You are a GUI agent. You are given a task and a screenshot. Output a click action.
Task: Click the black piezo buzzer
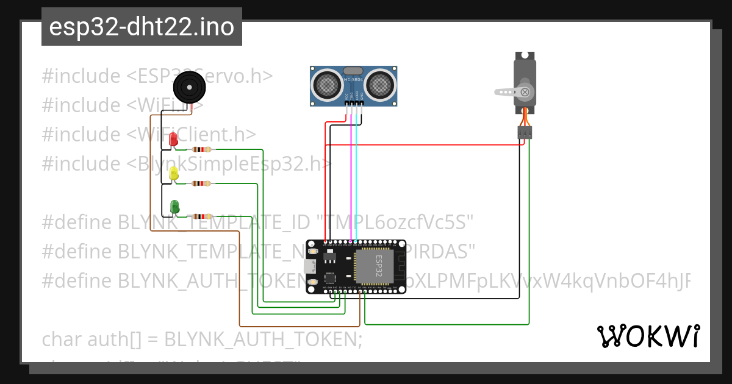click(189, 87)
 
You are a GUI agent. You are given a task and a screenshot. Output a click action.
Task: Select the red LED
click(173, 140)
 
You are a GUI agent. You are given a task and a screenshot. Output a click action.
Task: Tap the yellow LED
click(174, 174)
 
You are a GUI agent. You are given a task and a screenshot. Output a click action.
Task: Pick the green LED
click(174, 207)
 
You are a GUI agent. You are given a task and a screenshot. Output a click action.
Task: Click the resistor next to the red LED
click(201, 149)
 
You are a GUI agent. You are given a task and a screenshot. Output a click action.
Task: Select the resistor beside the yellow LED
click(201, 183)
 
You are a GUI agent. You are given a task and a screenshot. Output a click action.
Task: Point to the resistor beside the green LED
click(201, 216)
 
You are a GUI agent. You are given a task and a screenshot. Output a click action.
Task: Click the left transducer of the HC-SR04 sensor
click(327, 83)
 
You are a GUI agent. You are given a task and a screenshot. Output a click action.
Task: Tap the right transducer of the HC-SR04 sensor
click(382, 83)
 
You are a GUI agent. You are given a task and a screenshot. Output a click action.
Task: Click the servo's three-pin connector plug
click(525, 132)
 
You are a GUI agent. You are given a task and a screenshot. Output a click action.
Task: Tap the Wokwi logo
click(647, 336)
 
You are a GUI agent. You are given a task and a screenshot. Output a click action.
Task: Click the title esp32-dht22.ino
click(142, 27)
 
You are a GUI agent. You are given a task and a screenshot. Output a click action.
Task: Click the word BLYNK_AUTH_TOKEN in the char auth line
click(263, 338)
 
